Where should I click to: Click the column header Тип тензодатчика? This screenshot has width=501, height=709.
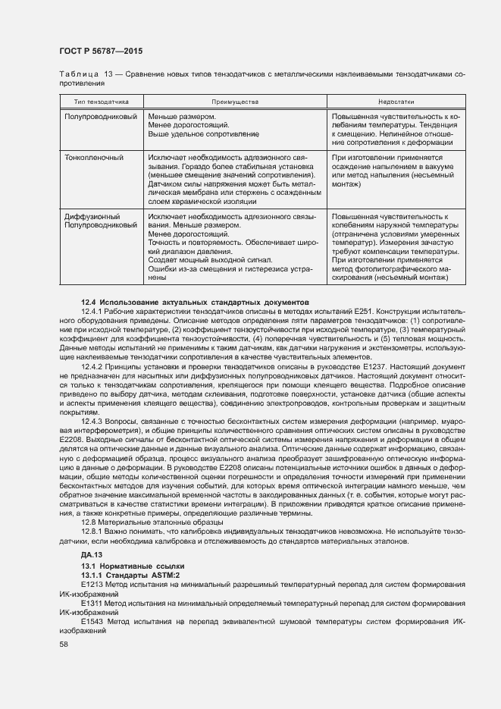click(x=101, y=101)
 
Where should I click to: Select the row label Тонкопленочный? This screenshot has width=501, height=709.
click(x=94, y=158)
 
